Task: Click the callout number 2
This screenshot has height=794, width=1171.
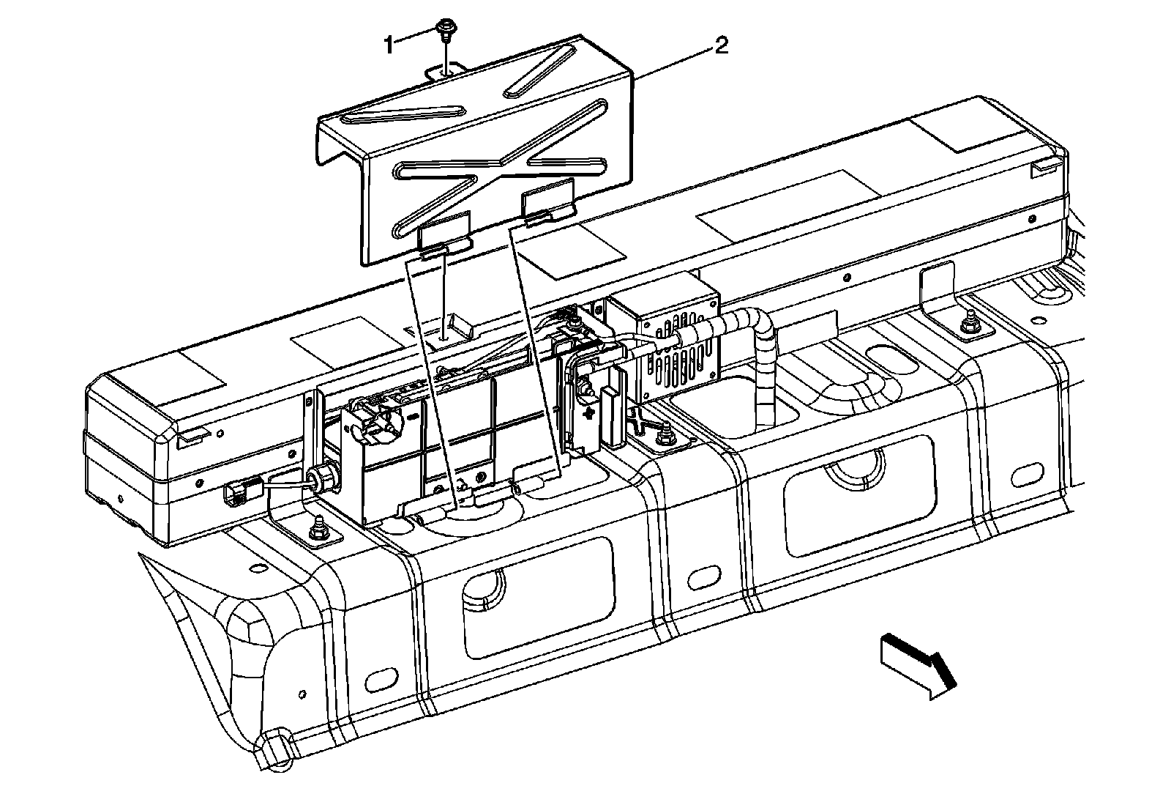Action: tap(721, 47)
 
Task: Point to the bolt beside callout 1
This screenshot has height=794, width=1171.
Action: tap(444, 29)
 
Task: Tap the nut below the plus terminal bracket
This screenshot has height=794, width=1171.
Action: tap(665, 437)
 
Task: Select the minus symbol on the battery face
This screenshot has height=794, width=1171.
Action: tap(414, 416)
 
